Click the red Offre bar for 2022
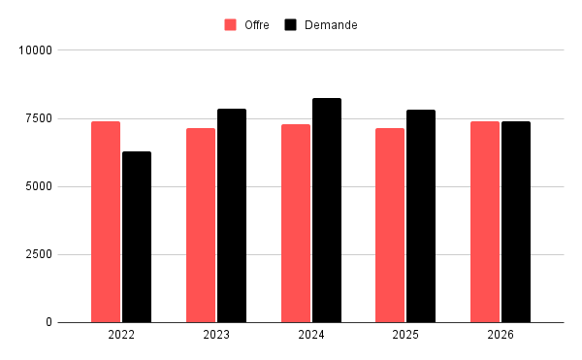pyautogui.click(x=106, y=222)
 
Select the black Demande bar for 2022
pyautogui.click(x=137, y=237)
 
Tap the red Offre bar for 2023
pyautogui.click(x=201, y=225)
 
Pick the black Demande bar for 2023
pyautogui.click(x=232, y=215)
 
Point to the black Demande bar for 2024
pyautogui.click(x=327, y=211)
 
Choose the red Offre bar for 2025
pyautogui.click(x=390, y=225)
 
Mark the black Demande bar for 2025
pyautogui.click(x=421, y=216)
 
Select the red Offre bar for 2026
pyautogui.click(x=485, y=222)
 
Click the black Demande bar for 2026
pyautogui.click(x=516, y=222)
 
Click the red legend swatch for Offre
pyautogui.click(x=231, y=25)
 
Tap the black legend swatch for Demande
pyautogui.click(x=291, y=25)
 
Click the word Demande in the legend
pyautogui.click(x=330, y=25)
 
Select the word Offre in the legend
pyautogui.click(x=257, y=25)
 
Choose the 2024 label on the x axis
pyautogui.click(x=311, y=335)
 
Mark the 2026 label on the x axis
pyautogui.click(x=501, y=335)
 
